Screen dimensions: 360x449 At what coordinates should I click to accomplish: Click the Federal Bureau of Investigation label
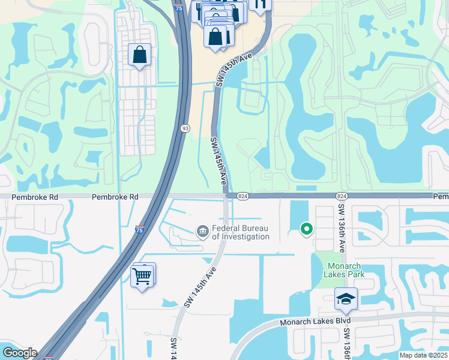pyautogui.click(x=240, y=232)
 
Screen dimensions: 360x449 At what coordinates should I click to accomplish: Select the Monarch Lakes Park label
pyautogui.click(x=344, y=269)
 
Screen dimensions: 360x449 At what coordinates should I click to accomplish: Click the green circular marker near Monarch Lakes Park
pyautogui.click(x=306, y=229)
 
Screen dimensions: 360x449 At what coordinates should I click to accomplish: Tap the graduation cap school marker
pyautogui.click(x=346, y=299)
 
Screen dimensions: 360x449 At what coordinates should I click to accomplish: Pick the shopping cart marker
pyautogui.click(x=142, y=276)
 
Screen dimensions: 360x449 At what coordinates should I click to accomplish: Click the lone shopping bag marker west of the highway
pyautogui.click(x=139, y=56)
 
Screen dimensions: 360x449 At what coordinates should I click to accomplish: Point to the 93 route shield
pyautogui.click(x=186, y=128)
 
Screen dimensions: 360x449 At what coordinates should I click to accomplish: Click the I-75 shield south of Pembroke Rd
pyautogui.click(x=139, y=229)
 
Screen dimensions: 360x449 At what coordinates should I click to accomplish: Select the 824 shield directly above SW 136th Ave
pyautogui.click(x=342, y=196)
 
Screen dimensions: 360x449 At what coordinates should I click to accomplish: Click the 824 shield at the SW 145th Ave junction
pyautogui.click(x=243, y=196)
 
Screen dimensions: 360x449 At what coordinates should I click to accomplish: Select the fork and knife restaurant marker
pyautogui.click(x=259, y=5)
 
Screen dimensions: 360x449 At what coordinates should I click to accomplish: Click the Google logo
pyautogui.click(x=19, y=353)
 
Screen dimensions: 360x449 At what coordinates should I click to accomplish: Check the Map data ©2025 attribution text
pyautogui.click(x=423, y=355)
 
